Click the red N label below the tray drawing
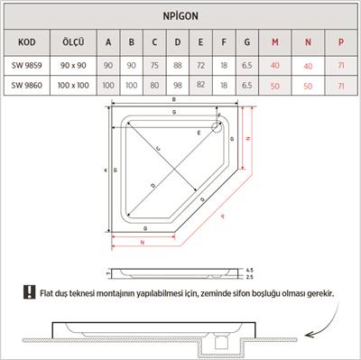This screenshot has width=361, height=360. point(142,243)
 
